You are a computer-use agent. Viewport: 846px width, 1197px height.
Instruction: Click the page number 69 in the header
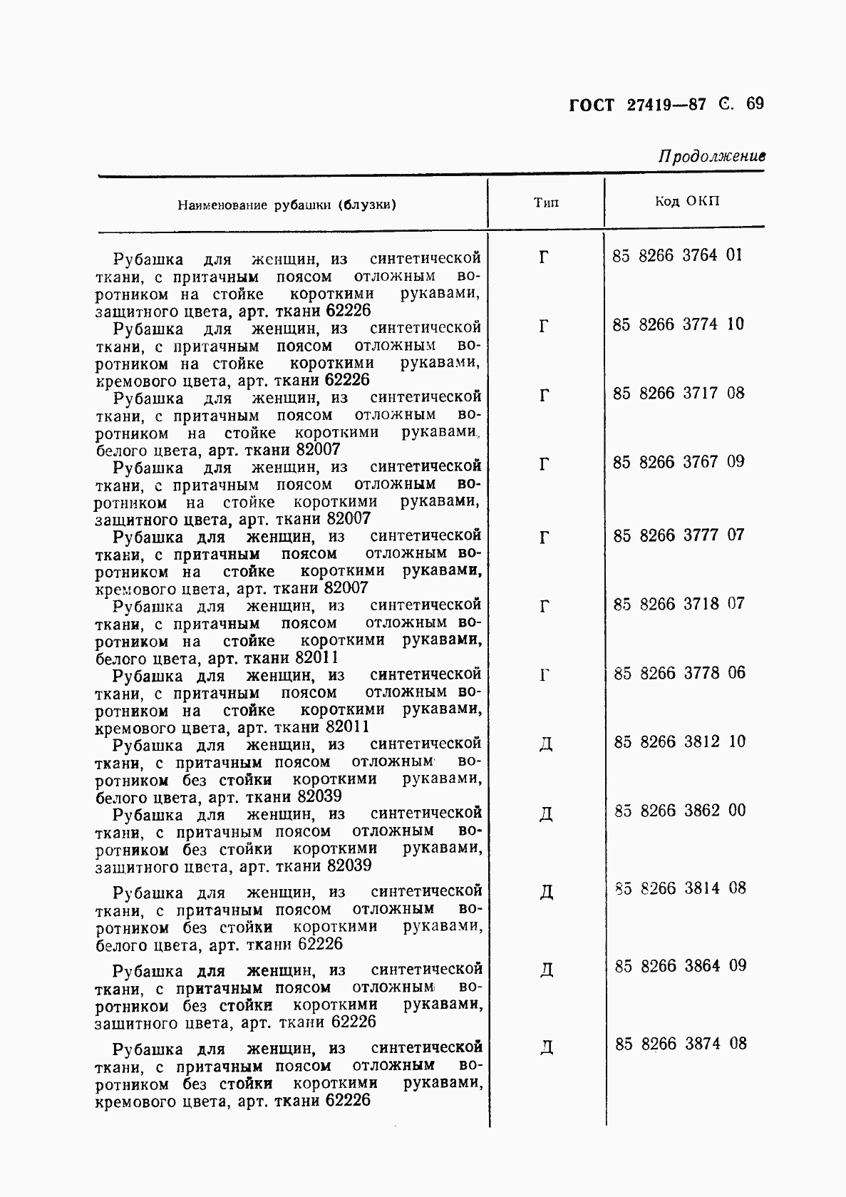(755, 104)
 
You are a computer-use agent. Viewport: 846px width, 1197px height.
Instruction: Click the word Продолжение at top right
(711, 156)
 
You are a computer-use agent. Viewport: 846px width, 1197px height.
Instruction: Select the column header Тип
(546, 202)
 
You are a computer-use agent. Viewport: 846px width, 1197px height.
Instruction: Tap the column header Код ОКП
(687, 201)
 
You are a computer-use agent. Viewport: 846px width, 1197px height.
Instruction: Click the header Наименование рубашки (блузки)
(287, 205)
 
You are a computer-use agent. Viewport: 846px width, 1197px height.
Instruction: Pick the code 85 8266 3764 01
(677, 255)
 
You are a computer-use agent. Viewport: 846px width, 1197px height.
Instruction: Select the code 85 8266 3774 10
(678, 324)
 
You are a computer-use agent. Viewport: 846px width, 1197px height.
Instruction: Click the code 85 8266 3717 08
(678, 393)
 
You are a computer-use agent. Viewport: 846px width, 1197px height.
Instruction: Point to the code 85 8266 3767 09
(678, 462)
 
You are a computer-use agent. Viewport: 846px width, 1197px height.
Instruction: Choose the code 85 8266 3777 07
(678, 535)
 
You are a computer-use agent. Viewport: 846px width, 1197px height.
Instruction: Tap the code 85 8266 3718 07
(678, 604)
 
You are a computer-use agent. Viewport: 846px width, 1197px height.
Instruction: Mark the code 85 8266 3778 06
(679, 673)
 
